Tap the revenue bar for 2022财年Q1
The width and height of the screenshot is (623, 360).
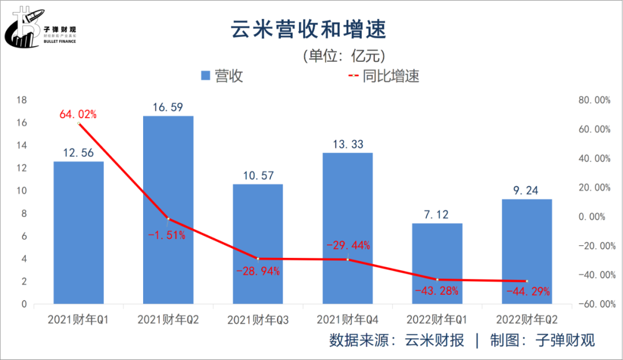[x=437, y=263]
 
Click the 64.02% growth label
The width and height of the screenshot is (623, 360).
[x=78, y=114]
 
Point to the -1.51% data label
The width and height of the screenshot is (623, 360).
[x=168, y=235]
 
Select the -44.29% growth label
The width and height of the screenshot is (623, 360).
[x=528, y=291]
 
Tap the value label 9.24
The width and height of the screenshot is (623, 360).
[x=527, y=190]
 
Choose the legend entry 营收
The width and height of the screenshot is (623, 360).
[x=222, y=76]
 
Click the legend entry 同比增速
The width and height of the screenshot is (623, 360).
[x=383, y=76]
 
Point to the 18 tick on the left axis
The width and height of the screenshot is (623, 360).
[x=22, y=100]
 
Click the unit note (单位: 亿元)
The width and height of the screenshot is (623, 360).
[x=343, y=55]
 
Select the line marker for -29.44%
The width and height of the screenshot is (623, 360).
[x=348, y=260]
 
